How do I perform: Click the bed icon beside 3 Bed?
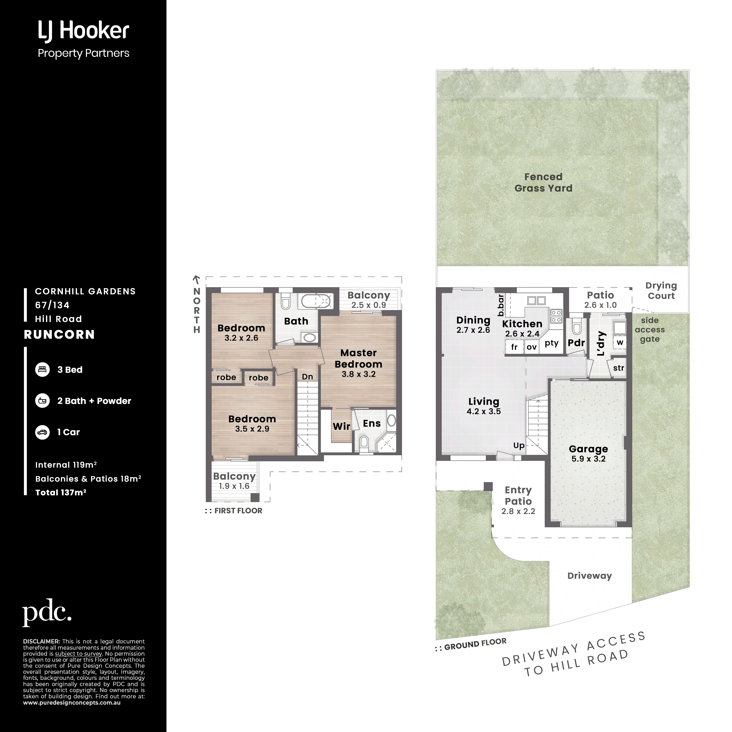point(42,369)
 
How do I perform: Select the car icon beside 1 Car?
point(42,432)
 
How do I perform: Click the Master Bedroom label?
point(359,359)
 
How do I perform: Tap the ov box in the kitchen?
point(532,347)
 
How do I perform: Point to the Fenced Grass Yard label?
point(543,182)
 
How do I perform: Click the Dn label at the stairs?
point(307,377)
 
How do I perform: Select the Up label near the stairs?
point(519,445)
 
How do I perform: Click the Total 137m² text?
point(61,493)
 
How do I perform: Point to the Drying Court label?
point(661,291)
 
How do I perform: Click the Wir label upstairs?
point(341,426)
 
